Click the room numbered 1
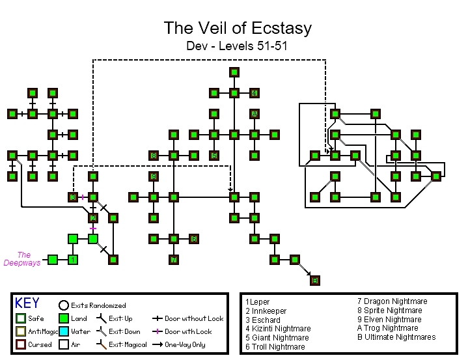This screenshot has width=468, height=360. click(73, 260)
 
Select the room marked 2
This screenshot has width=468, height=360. click(93, 217)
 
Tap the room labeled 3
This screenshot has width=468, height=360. click(73, 197)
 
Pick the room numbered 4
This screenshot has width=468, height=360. click(255, 92)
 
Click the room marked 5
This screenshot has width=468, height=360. click(213, 156)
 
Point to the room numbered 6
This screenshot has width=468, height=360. click(193, 239)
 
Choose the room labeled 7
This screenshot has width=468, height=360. click(174, 260)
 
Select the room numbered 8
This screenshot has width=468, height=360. click(154, 156)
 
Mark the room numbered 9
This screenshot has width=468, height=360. click(154, 176)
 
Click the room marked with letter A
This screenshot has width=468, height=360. click(255, 114)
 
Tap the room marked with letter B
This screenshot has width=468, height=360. click(315, 281)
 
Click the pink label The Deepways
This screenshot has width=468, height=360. click(22, 259)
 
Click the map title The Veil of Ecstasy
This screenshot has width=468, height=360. click(238, 29)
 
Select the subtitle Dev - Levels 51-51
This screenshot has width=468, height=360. click(237, 46)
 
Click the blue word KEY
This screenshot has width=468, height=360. click(27, 303)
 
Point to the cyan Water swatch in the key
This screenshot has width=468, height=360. click(64, 331)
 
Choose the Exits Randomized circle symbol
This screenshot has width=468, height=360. click(64, 305)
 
